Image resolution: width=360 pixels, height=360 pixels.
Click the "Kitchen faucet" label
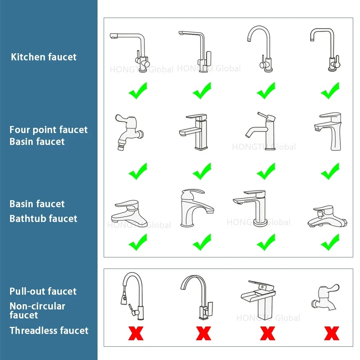pyautogui.click(x=44, y=57)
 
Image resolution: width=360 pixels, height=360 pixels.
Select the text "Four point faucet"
pyautogui.click(x=49, y=130)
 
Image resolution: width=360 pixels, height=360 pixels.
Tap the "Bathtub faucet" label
pyautogui.click(x=43, y=219)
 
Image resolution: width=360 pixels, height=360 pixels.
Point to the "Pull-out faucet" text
pyautogui.click(x=43, y=291)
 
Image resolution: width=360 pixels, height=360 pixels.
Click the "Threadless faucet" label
pyautogui.click(x=49, y=330)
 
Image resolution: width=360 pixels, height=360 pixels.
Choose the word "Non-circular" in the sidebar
pyautogui.click(x=37, y=306)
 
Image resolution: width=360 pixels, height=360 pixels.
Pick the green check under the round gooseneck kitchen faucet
pyautogui.click(x=266, y=90)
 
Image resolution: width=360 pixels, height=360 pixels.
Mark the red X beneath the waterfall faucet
pyautogui.click(x=267, y=333)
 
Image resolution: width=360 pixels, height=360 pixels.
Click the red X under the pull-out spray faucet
pyautogui.click(x=136, y=333)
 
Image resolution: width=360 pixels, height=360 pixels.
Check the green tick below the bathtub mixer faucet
pyautogui.click(x=330, y=242)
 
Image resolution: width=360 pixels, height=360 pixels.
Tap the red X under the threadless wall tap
pyautogui.click(x=331, y=333)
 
